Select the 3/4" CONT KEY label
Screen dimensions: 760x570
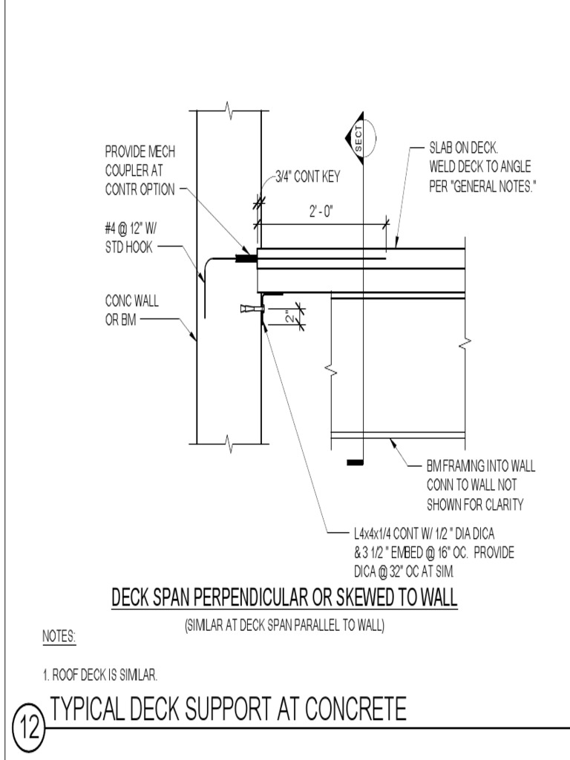click(x=307, y=177)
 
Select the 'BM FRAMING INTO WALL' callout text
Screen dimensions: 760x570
click(x=479, y=485)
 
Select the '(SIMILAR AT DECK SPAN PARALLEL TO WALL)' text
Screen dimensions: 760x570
click(x=284, y=626)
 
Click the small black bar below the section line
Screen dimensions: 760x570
click(x=356, y=463)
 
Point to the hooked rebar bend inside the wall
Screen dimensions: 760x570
click(x=206, y=264)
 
